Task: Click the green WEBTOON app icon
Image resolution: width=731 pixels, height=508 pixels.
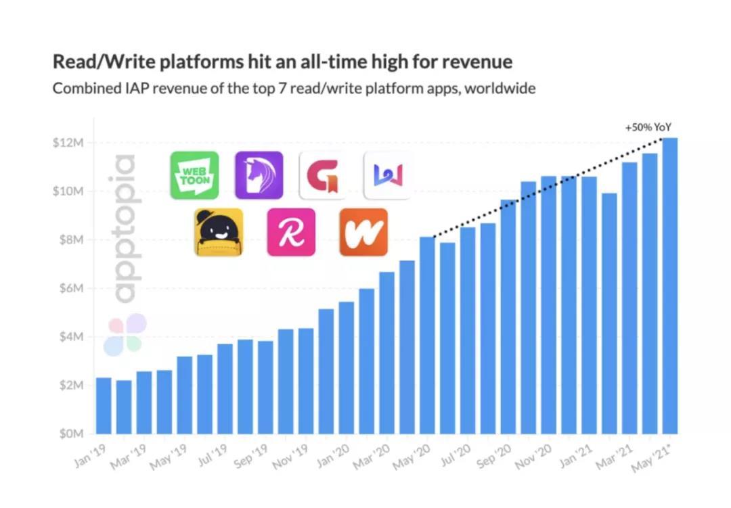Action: pos(194,175)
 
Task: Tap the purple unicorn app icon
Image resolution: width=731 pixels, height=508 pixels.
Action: pos(259,175)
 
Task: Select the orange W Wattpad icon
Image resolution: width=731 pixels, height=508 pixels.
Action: pos(363,232)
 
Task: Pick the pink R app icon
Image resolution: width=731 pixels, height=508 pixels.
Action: pos(291,232)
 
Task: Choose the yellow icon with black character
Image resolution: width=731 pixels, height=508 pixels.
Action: pos(218,232)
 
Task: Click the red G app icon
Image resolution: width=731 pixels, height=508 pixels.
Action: pos(323,175)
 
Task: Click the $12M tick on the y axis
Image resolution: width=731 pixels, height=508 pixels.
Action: pos(67,143)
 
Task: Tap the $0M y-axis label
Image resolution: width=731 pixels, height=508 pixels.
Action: pos(68,434)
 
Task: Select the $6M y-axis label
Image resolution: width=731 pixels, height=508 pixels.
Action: pos(68,288)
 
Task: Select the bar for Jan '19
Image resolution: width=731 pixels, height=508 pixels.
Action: pos(104,405)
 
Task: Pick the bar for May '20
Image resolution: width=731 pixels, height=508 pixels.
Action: pos(427,335)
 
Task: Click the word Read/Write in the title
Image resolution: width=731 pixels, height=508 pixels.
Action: pos(94,62)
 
